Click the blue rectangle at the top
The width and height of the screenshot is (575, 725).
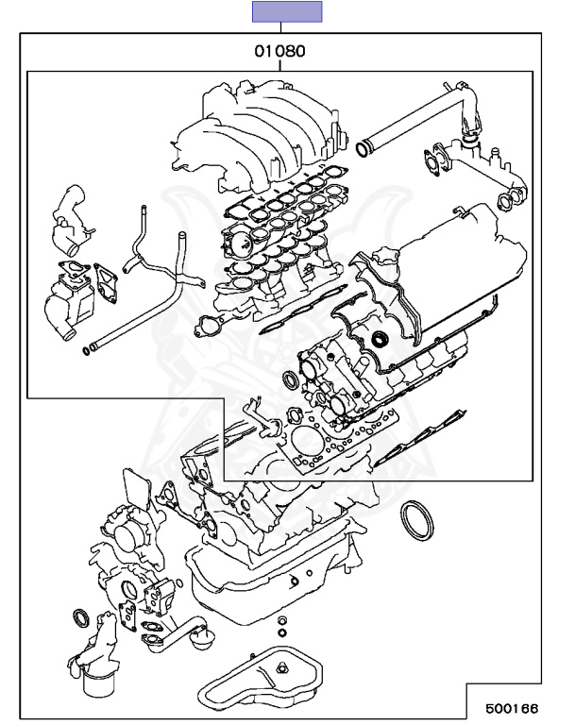click(286, 11)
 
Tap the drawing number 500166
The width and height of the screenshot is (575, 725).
click(512, 707)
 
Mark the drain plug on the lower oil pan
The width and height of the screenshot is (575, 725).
click(281, 669)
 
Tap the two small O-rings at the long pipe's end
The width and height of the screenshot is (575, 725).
click(88, 352)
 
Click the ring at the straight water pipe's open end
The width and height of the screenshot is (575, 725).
click(363, 148)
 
